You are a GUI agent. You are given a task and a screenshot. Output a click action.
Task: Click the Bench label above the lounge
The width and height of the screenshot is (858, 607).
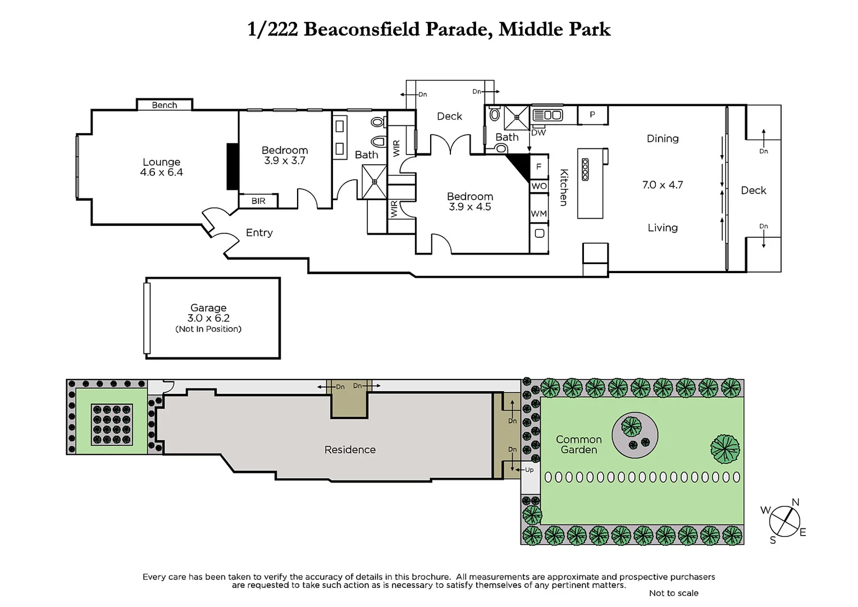tap(164, 105)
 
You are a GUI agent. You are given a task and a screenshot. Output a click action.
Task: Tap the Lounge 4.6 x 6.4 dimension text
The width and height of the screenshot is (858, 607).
tap(161, 173)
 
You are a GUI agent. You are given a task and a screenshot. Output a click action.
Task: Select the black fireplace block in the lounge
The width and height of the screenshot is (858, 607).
tap(232, 166)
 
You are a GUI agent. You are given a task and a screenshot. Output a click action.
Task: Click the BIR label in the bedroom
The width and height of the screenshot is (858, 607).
tap(258, 201)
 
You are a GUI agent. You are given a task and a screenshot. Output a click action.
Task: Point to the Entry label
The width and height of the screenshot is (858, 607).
tap(259, 233)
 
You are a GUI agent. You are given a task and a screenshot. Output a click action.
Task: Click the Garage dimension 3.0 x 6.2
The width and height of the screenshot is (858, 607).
tap(208, 318)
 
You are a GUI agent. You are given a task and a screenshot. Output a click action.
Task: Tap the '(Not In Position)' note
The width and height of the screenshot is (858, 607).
tap(208, 329)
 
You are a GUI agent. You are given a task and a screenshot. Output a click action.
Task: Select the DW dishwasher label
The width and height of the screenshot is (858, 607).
tap(538, 133)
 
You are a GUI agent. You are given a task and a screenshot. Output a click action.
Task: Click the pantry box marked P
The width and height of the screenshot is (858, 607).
tap(592, 115)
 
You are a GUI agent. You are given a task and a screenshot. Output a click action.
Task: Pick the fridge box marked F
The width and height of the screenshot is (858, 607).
tap(538, 167)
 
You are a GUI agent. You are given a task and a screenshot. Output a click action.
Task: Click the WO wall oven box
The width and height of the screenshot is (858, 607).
tap(538, 186)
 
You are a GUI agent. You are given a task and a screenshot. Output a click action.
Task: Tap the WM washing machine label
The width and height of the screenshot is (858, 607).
tap(538, 214)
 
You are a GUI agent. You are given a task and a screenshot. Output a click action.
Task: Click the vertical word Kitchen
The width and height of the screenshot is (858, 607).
tap(564, 188)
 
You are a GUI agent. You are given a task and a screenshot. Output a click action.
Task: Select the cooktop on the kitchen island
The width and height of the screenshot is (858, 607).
tap(585, 169)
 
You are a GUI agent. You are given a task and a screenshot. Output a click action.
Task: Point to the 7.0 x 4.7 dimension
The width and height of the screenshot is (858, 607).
tap(663, 185)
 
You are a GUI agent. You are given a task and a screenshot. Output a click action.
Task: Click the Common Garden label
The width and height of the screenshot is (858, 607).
tap(578, 445)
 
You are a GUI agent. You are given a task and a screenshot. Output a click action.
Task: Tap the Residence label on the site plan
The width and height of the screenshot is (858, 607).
tap(350, 450)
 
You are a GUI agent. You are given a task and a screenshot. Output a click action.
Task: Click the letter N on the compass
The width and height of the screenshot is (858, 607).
tap(795, 502)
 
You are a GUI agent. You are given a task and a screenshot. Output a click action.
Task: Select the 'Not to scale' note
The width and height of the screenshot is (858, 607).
tap(673, 593)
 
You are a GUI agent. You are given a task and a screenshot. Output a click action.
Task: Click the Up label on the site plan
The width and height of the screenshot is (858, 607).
tap(529, 470)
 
